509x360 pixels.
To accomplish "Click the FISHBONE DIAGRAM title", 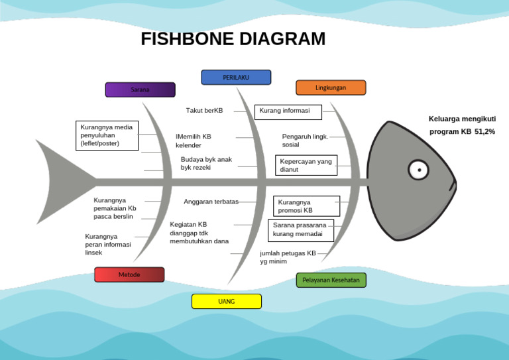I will coord(233,39).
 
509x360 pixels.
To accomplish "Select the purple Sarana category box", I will coord(140,90).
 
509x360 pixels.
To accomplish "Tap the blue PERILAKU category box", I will coord(236,78).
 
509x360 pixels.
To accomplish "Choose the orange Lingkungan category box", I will coord(330,88).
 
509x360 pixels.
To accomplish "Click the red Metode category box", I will coord(129,274).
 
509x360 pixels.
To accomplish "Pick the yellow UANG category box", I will coord(226,302).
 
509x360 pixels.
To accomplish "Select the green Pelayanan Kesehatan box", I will coord(331,280).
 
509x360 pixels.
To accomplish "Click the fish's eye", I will coord(418,170).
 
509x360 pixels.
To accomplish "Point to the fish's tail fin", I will coord(63,180).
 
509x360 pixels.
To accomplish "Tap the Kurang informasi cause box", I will coord(288,111).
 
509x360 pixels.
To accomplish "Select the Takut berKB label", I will coord(204,111).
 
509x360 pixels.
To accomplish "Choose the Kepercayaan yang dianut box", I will coord(306,165).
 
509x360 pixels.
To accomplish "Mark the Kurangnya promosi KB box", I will coord(306,206).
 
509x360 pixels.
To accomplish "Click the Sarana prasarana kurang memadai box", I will coord(300,230).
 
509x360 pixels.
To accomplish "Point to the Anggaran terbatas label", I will coord(211,202).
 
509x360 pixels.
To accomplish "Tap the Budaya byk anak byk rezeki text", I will coord(206,164).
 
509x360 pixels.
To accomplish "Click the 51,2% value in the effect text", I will coord(484,132).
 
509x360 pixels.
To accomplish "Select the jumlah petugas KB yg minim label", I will coord(288,257).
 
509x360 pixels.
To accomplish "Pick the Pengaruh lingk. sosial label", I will coord(305,141).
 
